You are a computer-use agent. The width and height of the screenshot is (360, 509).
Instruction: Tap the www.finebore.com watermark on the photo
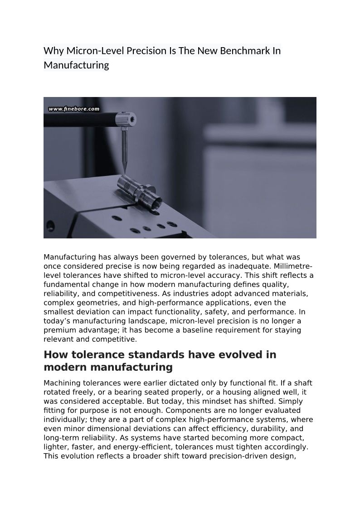pos(73,109)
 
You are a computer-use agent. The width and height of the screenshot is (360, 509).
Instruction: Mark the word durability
pos(275,428)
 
